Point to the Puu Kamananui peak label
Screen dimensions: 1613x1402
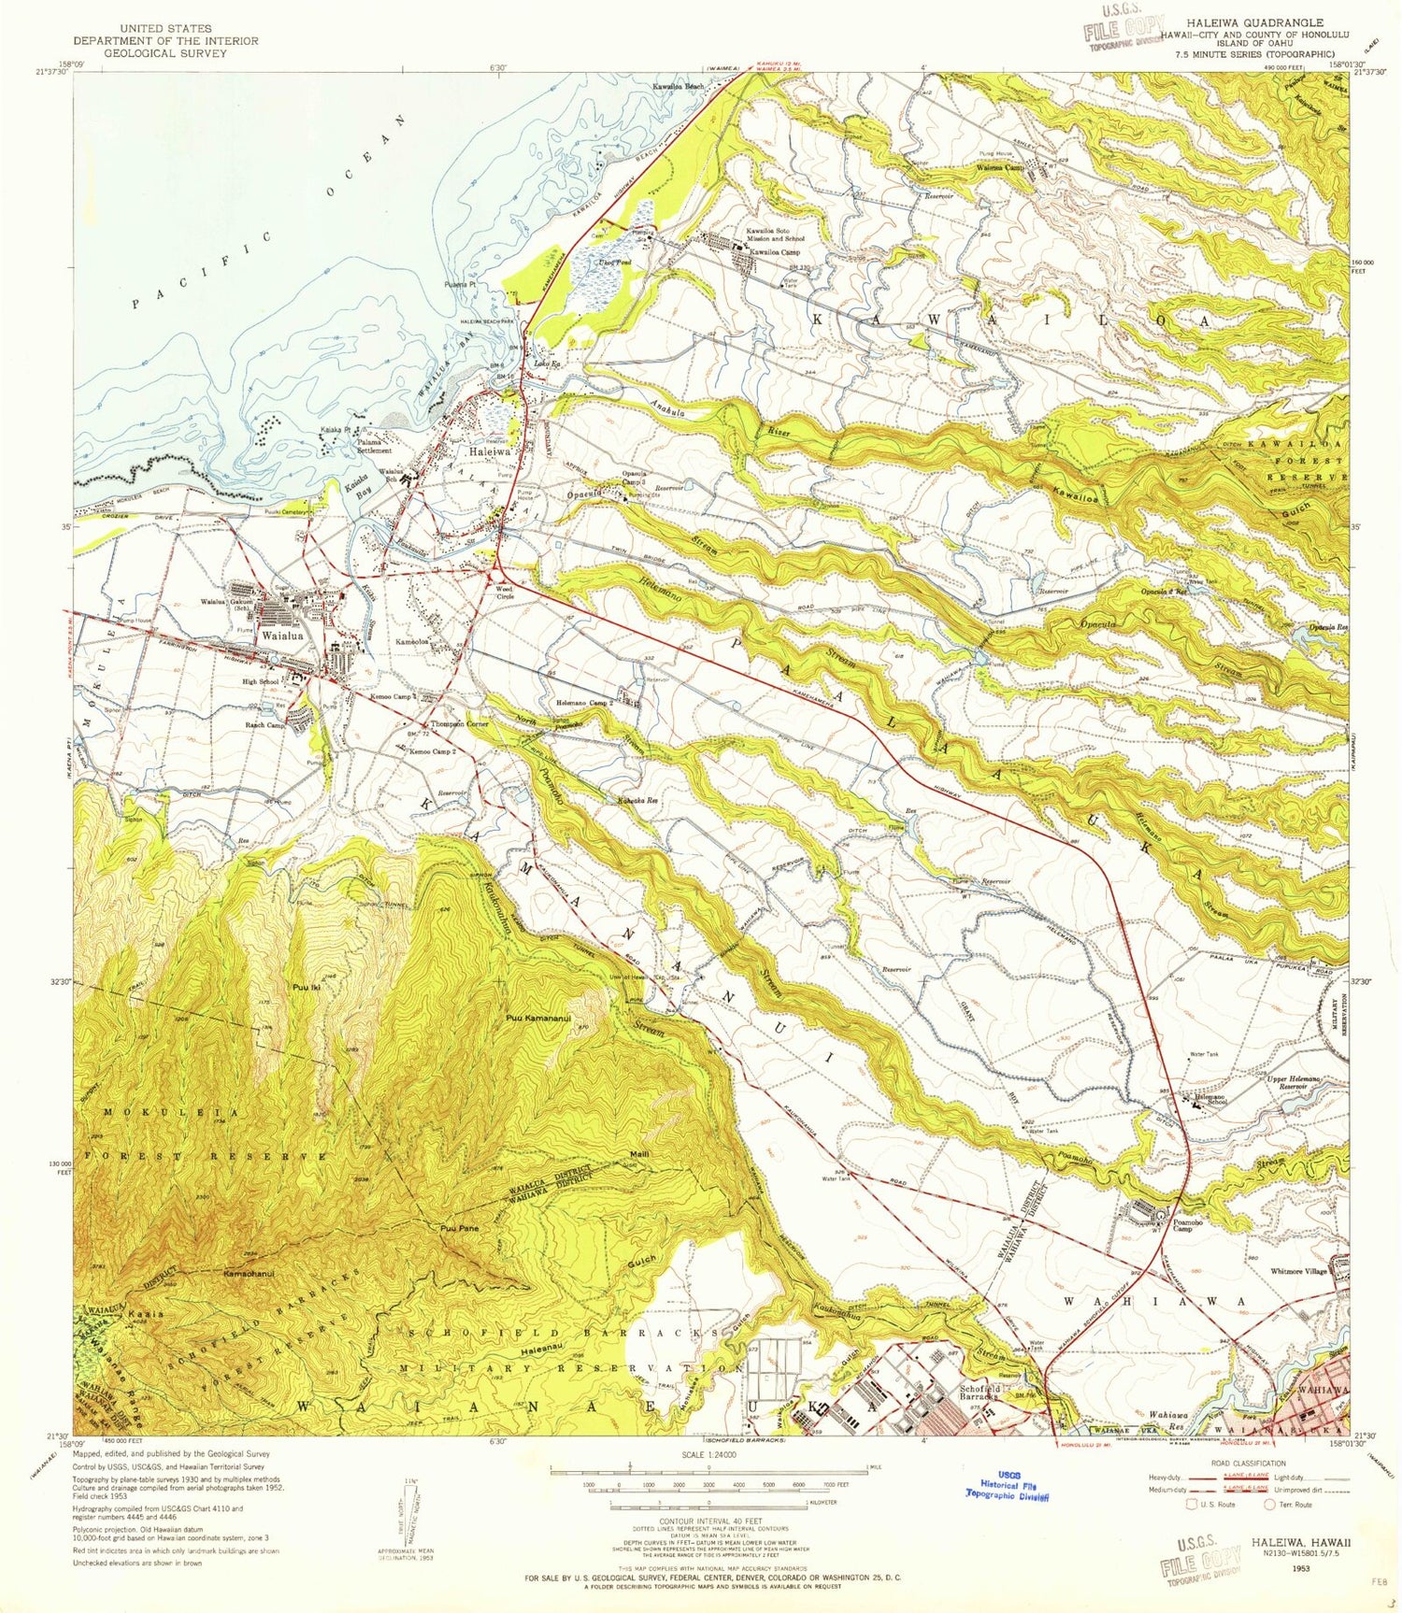pos(538,1019)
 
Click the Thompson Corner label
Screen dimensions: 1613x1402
pos(459,724)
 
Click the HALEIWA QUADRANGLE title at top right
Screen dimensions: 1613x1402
pos(1254,22)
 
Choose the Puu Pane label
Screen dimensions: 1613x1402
pos(460,1228)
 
